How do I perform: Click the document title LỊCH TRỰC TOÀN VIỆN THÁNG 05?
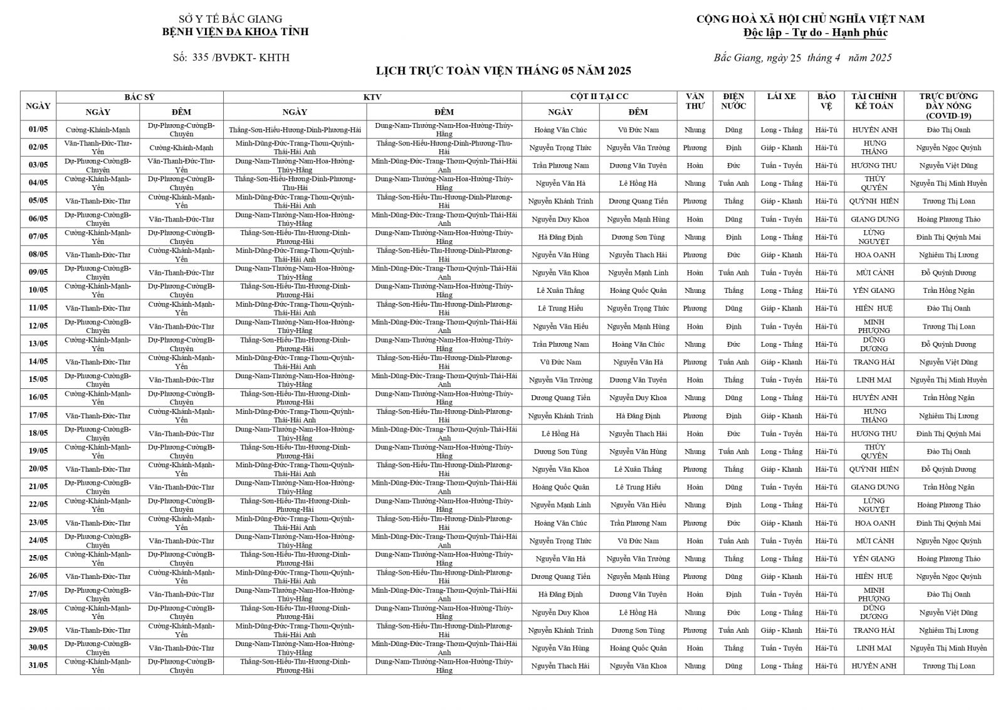pyautogui.click(x=503, y=71)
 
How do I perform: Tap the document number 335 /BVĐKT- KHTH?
pyautogui.click(x=231, y=58)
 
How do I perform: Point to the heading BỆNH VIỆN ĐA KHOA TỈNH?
pyautogui.click(x=235, y=32)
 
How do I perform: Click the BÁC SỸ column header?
pyautogui.click(x=139, y=97)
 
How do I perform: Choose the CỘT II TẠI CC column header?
pyautogui.click(x=599, y=97)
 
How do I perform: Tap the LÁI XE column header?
pyautogui.click(x=781, y=97)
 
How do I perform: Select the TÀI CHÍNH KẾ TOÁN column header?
pyautogui.click(x=874, y=101)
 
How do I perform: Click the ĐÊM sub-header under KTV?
pyautogui.click(x=444, y=112)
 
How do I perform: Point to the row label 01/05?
pyautogui.click(x=38, y=130)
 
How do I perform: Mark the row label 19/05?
pyautogui.click(x=38, y=452)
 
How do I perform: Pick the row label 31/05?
pyautogui.click(x=38, y=666)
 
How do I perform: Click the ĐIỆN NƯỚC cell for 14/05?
pyautogui.click(x=733, y=362)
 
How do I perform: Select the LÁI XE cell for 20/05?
pyautogui.click(x=781, y=469)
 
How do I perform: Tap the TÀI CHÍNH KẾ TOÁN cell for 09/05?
pyautogui.click(x=874, y=273)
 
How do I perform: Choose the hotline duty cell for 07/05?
pyautogui.click(x=948, y=237)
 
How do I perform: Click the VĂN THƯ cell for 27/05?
pyautogui.click(x=695, y=595)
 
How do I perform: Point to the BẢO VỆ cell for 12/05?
pyautogui.click(x=826, y=326)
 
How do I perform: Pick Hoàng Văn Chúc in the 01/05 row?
pyautogui.click(x=560, y=130)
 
